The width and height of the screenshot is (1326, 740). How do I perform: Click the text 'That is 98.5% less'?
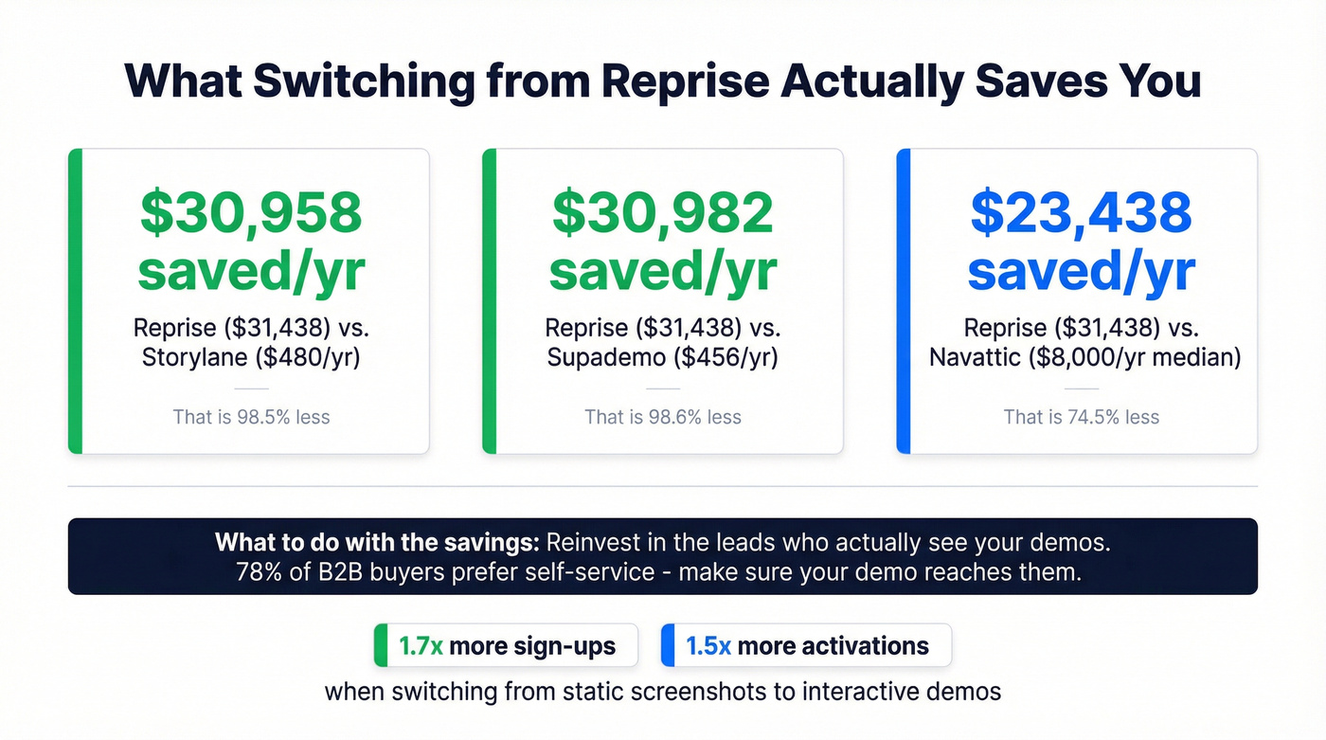[x=251, y=417]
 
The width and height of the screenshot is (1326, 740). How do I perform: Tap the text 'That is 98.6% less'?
[x=663, y=417]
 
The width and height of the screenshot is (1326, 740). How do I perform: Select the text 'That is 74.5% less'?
[x=1081, y=417]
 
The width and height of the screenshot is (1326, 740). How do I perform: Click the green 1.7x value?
[x=421, y=647]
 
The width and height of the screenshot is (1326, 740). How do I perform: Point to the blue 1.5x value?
[x=708, y=647]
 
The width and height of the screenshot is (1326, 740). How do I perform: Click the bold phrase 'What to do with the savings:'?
[x=377, y=543]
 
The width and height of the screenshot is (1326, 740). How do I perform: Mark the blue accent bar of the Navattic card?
[x=904, y=301]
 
